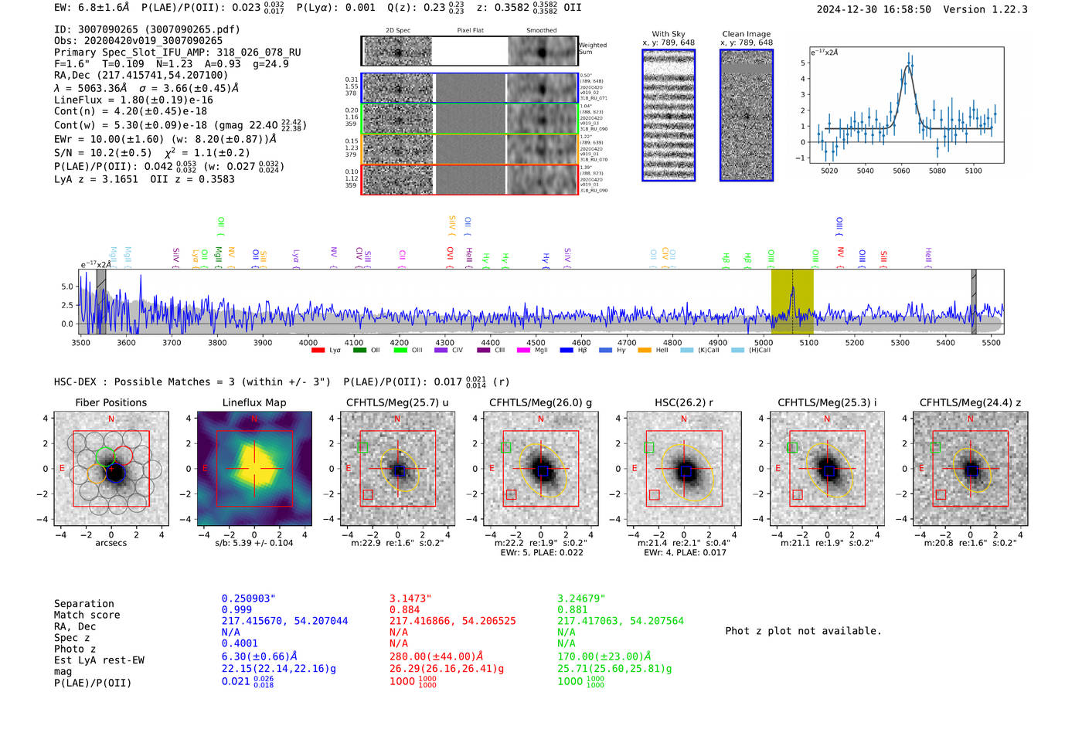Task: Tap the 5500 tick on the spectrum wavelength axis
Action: click(991, 342)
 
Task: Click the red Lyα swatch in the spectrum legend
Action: click(318, 351)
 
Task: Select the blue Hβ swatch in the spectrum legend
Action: click(567, 351)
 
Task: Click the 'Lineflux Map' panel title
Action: click(253, 402)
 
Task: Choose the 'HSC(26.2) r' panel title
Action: click(683, 402)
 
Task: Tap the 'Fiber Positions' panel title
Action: click(111, 402)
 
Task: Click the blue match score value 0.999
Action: click(236, 610)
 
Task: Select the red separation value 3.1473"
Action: click(410, 599)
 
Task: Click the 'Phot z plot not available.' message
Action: click(803, 631)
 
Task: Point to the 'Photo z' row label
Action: click(75, 649)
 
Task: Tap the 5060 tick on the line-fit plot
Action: click(901, 171)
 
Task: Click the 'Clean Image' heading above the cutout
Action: click(746, 34)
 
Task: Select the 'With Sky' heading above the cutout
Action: click(668, 34)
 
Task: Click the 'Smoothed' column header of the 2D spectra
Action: click(541, 31)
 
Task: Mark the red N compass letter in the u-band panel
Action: click(397, 419)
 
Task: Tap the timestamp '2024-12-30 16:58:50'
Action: click(873, 9)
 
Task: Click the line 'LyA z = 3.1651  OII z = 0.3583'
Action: click(144, 179)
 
